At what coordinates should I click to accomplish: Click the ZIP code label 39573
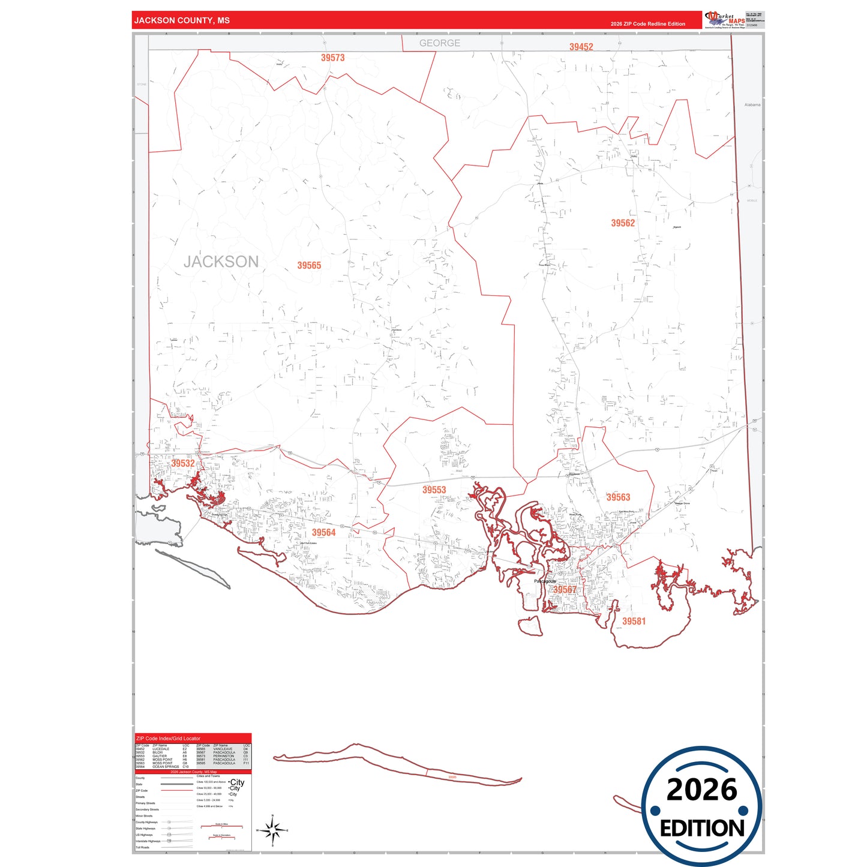click(332, 58)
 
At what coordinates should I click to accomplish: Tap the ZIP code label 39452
click(581, 47)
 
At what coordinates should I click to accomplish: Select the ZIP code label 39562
click(623, 223)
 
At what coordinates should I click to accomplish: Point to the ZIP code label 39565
click(309, 265)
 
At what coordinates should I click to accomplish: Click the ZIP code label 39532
click(183, 463)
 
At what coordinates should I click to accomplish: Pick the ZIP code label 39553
click(434, 490)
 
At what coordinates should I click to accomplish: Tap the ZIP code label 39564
click(323, 533)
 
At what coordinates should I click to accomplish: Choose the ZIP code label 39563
click(618, 497)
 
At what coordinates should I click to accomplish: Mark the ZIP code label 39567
click(565, 590)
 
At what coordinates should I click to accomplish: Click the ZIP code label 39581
click(634, 622)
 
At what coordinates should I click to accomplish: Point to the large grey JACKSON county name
click(221, 262)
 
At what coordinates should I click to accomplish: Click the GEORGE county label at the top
click(440, 43)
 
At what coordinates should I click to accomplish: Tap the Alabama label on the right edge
click(752, 104)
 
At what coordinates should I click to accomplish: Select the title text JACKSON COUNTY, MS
click(182, 20)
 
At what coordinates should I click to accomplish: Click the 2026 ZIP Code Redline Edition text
click(647, 24)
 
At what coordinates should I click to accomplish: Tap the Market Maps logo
click(725, 19)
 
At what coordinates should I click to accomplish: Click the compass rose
click(272, 831)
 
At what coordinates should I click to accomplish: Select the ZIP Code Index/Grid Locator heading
click(169, 739)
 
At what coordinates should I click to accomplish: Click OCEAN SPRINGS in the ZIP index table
click(166, 767)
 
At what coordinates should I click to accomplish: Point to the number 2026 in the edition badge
click(701, 790)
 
